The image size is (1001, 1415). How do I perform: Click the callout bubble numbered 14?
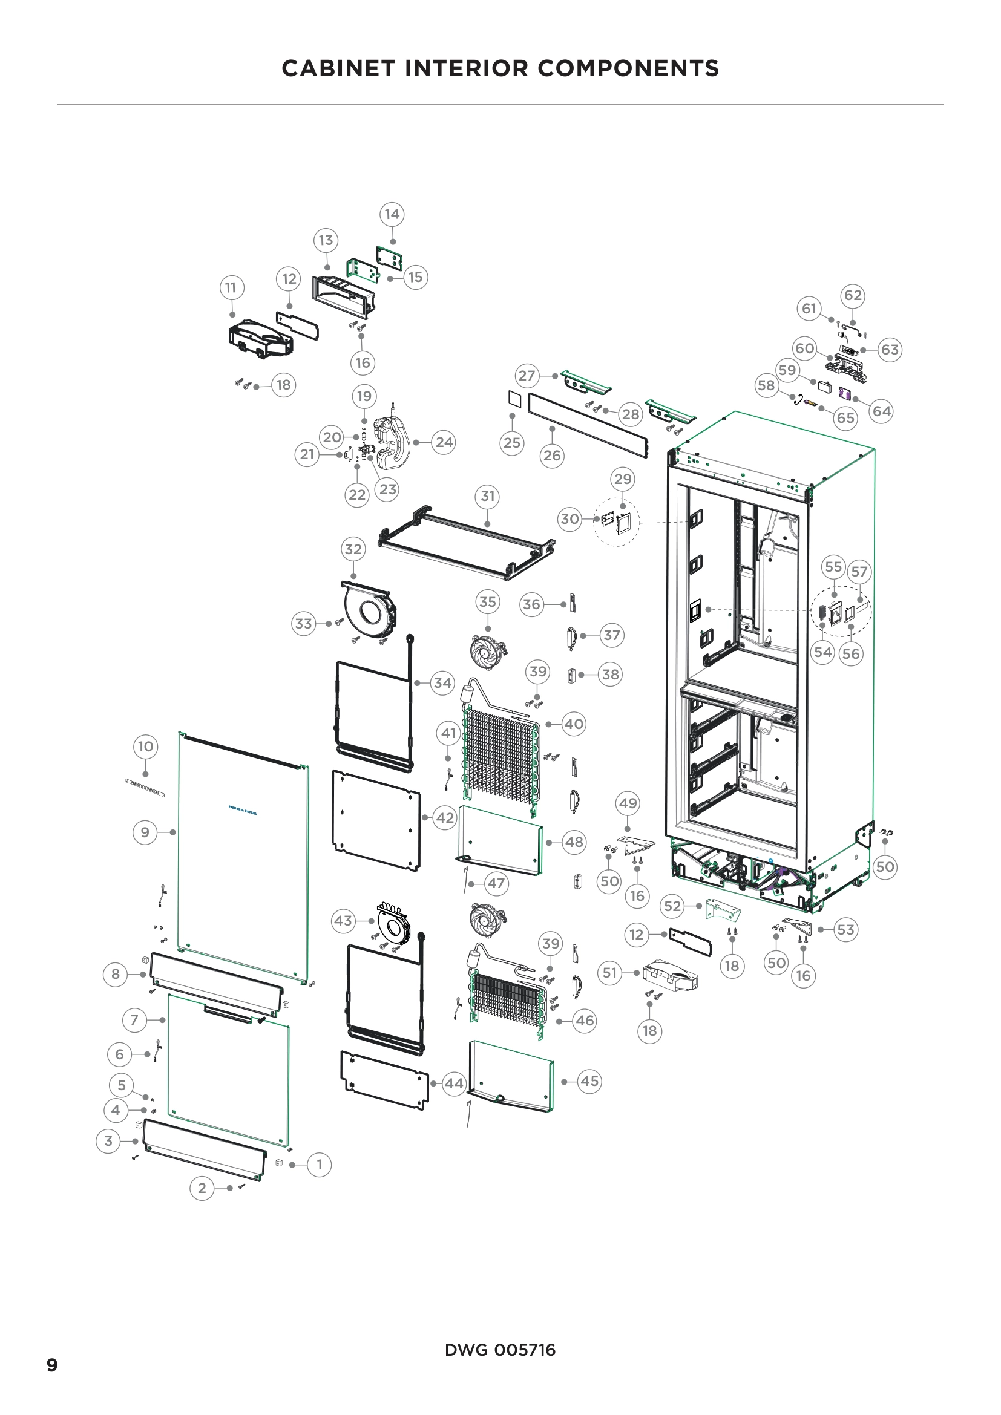[392, 215]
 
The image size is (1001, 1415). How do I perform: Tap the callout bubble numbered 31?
[488, 496]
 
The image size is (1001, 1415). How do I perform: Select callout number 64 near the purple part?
[881, 411]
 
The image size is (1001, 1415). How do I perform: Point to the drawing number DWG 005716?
[500, 1350]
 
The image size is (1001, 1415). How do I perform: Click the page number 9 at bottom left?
[53, 1365]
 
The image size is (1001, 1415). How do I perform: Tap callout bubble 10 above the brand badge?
[145, 747]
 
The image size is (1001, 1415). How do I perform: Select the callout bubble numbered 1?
[319, 1165]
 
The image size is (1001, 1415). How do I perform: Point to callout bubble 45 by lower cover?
[589, 1081]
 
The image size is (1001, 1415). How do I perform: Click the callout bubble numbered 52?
[672, 906]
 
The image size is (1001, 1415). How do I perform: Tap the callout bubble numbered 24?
[444, 442]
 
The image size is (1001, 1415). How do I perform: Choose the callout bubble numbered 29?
[623, 479]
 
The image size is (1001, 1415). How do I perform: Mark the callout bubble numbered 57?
[859, 572]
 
